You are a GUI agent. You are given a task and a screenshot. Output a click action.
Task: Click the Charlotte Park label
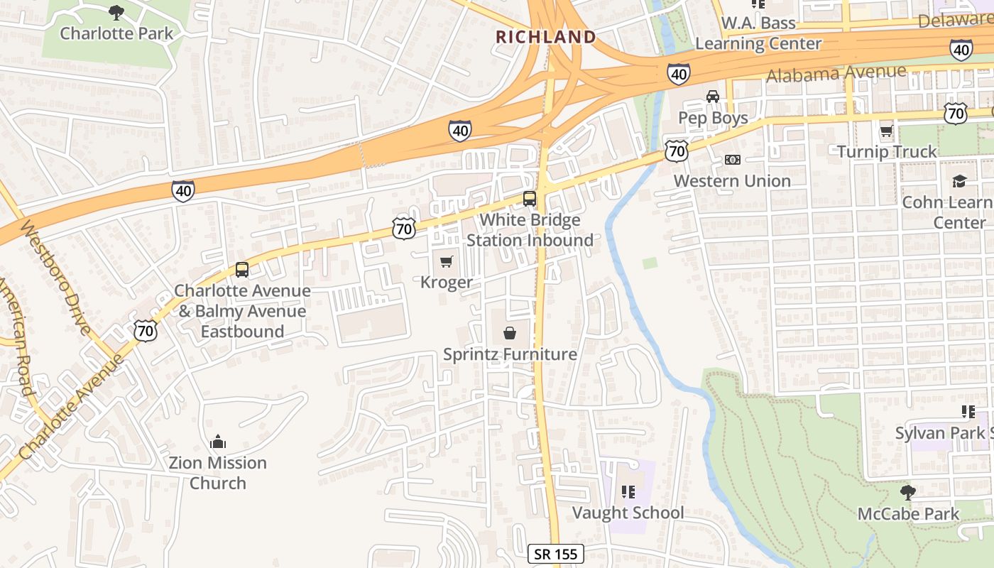tap(116, 33)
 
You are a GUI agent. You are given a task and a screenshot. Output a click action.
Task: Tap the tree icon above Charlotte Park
tap(116, 12)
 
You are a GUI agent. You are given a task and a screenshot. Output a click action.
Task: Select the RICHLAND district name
tap(545, 37)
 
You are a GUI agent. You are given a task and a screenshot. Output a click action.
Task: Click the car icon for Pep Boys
tap(712, 97)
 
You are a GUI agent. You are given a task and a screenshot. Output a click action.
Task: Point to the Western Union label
tap(732, 181)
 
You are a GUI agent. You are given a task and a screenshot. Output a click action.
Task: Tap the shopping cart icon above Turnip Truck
tap(886, 131)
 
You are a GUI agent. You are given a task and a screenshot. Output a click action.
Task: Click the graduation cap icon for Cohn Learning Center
tap(959, 181)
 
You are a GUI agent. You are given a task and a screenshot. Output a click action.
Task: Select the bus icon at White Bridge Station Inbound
tap(530, 199)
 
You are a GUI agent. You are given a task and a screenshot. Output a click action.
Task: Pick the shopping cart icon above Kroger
tap(446, 262)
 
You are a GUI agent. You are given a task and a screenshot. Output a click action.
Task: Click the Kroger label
tap(446, 283)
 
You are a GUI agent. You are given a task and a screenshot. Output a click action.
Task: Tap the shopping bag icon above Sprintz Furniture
tap(509, 333)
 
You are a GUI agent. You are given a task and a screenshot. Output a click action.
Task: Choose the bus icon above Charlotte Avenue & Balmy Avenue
tap(242, 270)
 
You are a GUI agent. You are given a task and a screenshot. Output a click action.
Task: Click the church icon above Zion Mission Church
tap(217, 442)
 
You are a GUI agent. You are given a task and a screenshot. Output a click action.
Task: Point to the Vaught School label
tap(628, 513)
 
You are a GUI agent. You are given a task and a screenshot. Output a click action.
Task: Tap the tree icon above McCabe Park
tap(907, 492)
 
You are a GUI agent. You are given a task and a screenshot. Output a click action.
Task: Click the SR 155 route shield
tap(556, 554)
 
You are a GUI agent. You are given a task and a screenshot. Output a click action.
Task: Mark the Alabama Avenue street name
tap(836, 73)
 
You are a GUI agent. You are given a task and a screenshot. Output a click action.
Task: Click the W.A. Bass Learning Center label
tap(758, 33)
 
